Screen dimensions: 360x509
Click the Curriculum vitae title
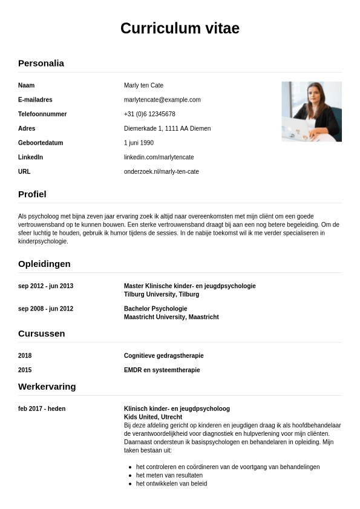[180, 28]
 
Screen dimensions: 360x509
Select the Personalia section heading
[41, 63]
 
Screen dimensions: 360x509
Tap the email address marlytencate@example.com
[162, 100]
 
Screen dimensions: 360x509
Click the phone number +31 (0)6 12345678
[149, 114]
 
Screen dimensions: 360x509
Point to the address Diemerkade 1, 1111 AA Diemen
[167, 128]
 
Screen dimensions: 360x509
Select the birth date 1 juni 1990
[139, 143]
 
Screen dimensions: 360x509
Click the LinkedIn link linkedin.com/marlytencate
[159, 157]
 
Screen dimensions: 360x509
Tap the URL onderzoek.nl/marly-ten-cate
[161, 172]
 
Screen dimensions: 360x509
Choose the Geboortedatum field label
[41, 143]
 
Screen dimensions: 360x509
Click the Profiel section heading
[32, 194]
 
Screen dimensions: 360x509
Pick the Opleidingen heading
[44, 264]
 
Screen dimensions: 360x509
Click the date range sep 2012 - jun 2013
[45, 286]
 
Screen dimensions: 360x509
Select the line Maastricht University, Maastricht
[171, 317]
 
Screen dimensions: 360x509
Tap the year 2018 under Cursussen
[25, 356]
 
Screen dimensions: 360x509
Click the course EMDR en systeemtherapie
[162, 370]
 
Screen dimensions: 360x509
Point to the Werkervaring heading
[47, 387]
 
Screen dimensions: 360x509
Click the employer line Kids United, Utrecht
[152, 417]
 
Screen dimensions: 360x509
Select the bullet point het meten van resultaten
[169, 475]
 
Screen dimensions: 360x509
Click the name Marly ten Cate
[143, 85]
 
